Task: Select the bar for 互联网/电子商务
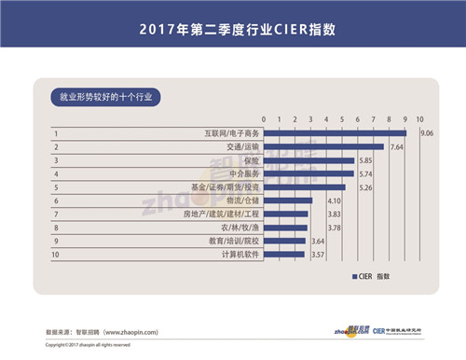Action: click(336, 133)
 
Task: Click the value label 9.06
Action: click(428, 133)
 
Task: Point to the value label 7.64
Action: click(395, 147)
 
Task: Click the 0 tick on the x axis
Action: click(265, 119)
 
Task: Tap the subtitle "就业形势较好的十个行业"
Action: click(104, 96)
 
